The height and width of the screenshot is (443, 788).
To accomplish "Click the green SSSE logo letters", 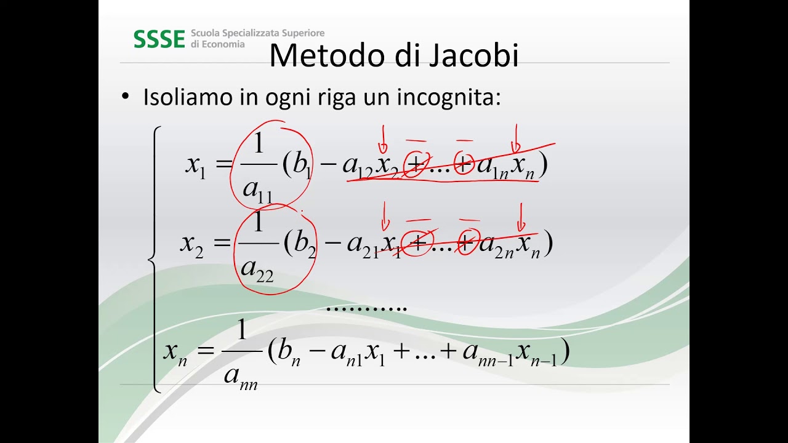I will point(159,39).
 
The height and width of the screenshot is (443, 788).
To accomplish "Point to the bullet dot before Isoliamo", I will point(126,97).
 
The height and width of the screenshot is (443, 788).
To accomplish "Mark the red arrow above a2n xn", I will point(521,217).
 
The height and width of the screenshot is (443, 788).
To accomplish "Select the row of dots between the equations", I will point(366,307).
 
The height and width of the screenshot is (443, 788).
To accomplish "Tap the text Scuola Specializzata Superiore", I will point(257,33).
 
